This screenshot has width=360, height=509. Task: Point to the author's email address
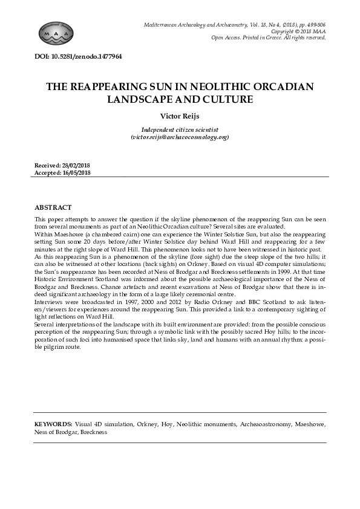coord(180,137)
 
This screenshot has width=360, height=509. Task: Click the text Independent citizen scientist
coord(180,130)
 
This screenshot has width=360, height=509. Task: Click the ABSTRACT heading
coord(53,207)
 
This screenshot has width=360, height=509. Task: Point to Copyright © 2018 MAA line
coord(298,31)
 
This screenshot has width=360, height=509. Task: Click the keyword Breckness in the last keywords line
coord(93,432)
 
